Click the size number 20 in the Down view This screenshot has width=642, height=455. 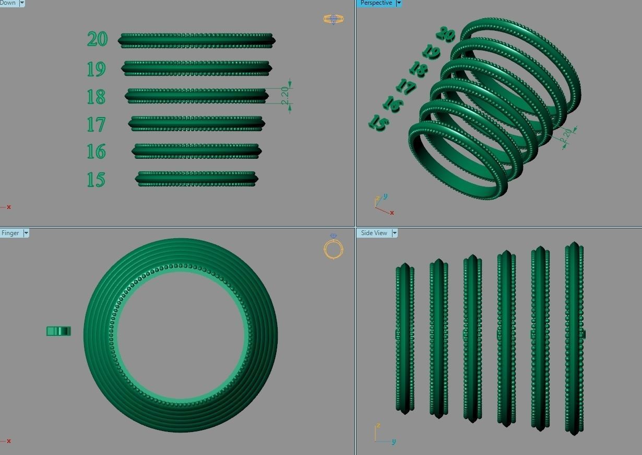click(97, 39)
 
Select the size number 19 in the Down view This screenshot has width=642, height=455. click(97, 68)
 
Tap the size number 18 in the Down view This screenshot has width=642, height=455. click(96, 97)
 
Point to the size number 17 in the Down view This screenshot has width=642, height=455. click(96, 124)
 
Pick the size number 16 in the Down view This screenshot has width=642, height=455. click(96, 151)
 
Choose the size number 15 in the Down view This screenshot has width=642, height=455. click(96, 180)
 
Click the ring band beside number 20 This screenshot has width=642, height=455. click(196, 40)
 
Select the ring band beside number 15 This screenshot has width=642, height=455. click(196, 179)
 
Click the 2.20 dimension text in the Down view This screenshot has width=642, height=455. click(285, 96)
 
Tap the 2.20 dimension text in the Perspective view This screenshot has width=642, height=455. click(566, 135)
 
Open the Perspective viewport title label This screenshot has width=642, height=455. click(376, 3)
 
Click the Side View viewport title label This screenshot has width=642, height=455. click(374, 233)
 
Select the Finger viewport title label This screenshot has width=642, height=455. click(10, 233)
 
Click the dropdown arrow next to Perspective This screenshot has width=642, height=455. click(399, 3)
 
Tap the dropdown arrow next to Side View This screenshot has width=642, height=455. click(395, 233)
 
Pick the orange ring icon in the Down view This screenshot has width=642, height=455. click(333, 20)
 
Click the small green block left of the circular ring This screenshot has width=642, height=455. click(58, 331)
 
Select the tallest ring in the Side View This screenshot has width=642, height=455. click(575, 339)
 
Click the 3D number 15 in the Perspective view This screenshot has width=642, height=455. click(378, 123)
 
